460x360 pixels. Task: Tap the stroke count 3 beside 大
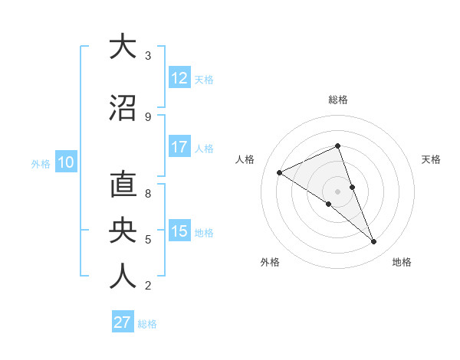pos(148,56)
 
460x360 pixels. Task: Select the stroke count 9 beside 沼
pos(148,117)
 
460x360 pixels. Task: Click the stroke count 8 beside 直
pos(148,194)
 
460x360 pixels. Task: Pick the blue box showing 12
pos(179,78)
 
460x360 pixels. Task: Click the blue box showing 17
pos(179,147)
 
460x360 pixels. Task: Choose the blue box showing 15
pos(179,231)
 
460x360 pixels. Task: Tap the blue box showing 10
pos(66,162)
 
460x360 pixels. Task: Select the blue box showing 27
pos(123,322)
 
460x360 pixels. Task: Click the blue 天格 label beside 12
pos(204,79)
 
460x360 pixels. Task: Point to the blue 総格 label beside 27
pos(147,323)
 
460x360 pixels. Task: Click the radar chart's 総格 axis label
pos(338,100)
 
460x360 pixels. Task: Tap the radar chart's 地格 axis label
pos(402,262)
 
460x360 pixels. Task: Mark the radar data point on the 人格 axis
pos(280,173)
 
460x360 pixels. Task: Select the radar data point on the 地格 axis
pos(374,242)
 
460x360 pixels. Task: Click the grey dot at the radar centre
pos(338,191)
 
